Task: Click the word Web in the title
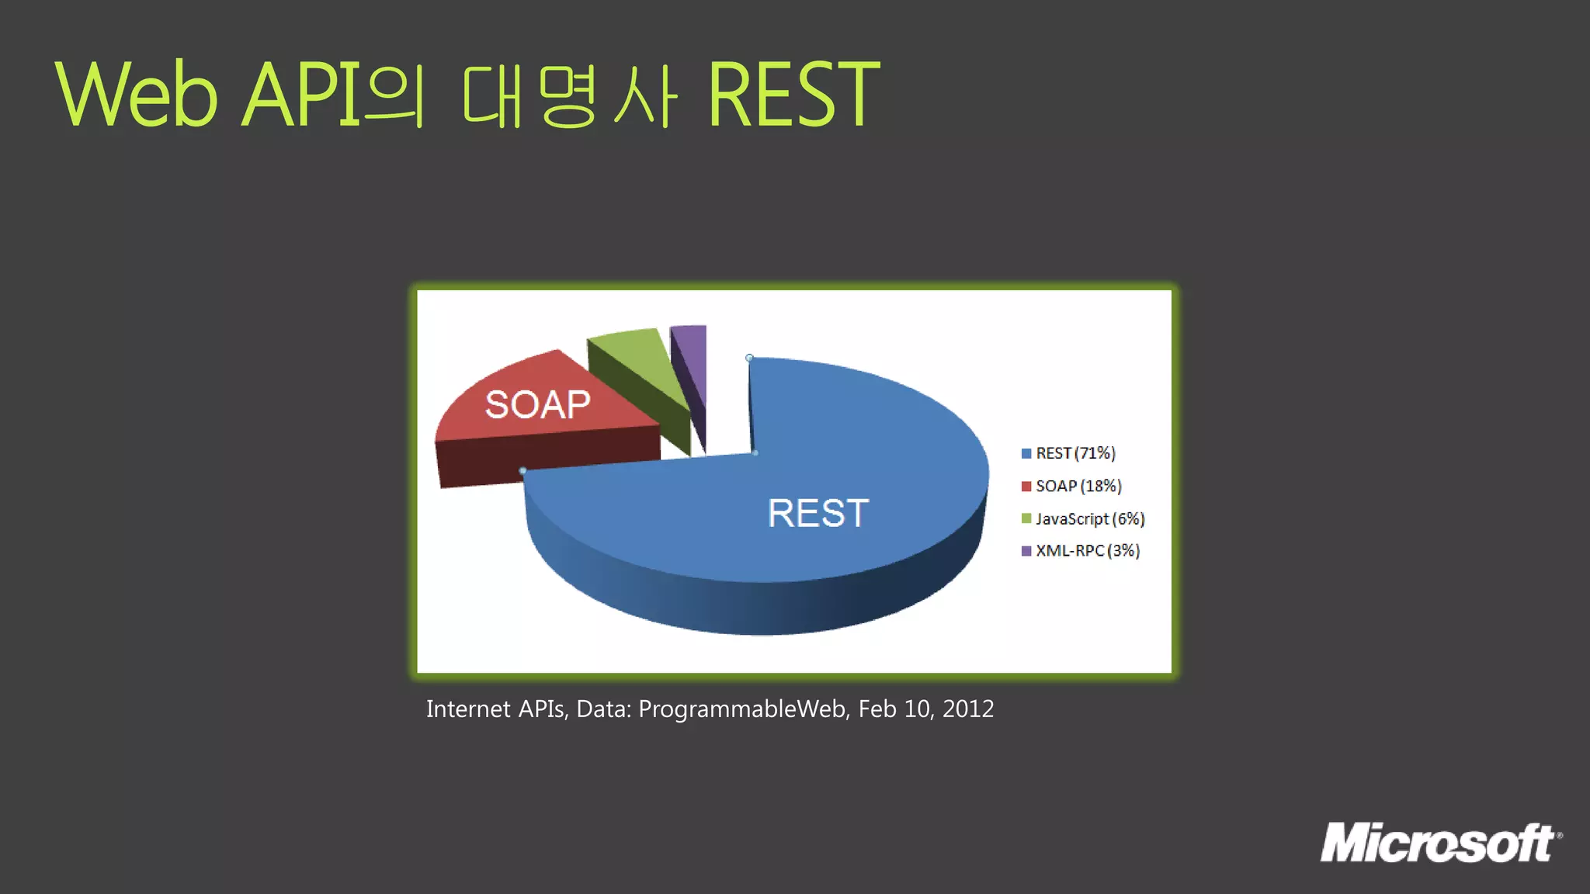pos(137,95)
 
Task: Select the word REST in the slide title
pos(793,95)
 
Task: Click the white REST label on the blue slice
pos(818,513)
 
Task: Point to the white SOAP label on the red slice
pos(537,404)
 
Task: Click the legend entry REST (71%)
pos(1075,453)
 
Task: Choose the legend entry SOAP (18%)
pos(1078,486)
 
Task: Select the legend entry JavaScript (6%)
pos(1090,518)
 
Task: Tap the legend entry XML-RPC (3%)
pos(1087,550)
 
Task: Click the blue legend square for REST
pos(1026,453)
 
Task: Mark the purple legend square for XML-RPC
pos(1026,551)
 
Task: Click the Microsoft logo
pos(1440,843)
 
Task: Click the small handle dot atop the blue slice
pos(749,358)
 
